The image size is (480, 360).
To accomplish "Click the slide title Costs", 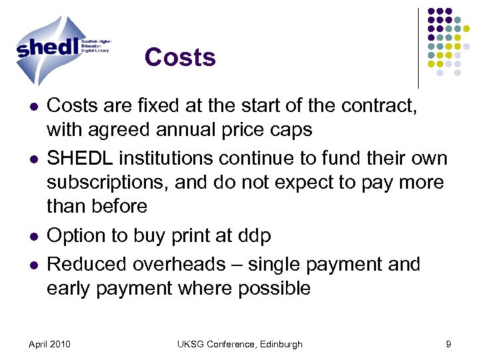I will (x=180, y=57).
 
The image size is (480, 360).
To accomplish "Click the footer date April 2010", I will (x=51, y=344).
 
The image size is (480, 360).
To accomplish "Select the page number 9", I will (x=449, y=344).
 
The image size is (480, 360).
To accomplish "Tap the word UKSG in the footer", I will (x=191, y=344).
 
